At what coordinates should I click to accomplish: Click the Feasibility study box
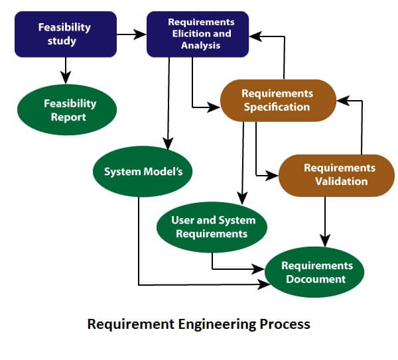pyautogui.click(x=64, y=34)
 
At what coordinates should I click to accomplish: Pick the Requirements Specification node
pyautogui.click(x=277, y=100)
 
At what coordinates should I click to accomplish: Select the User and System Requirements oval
pyautogui.click(x=212, y=227)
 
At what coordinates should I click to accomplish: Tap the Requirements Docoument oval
pyautogui.click(x=316, y=272)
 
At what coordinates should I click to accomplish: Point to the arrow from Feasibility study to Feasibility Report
pyautogui.click(x=65, y=69)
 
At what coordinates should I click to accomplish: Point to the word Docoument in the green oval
pyautogui.click(x=316, y=279)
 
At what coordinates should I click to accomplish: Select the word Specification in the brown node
pyautogui.click(x=277, y=107)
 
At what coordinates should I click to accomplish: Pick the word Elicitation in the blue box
pyautogui.click(x=193, y=34)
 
